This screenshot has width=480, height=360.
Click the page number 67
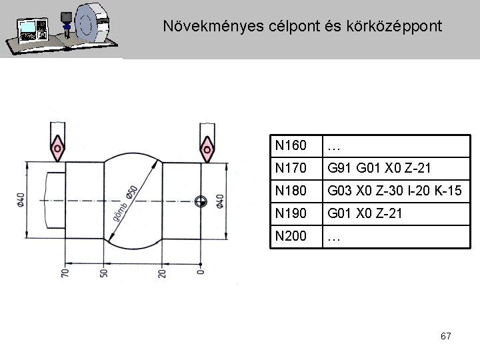coord(445,337)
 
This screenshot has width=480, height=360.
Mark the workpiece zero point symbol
coord(201,200)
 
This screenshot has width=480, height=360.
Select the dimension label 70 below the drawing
coord(65,273)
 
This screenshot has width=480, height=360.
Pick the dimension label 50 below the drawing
coord(103,273)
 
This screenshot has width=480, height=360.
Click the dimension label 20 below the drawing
coord(163,273)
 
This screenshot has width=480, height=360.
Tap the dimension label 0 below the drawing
coord(201,271)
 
